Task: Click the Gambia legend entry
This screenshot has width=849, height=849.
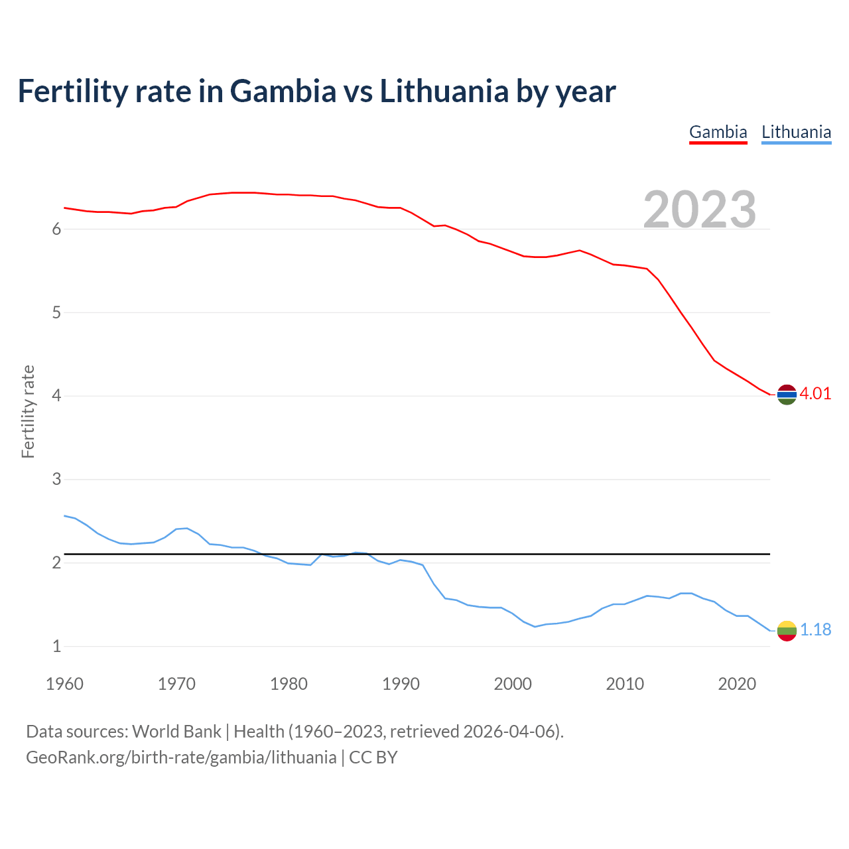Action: (x=718, y=132)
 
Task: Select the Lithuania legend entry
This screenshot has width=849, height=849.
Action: (x=796, y=132)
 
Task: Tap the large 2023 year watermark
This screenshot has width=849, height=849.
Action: (x=700, y=210)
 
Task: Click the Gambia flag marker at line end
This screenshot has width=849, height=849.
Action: (x=787, y=394)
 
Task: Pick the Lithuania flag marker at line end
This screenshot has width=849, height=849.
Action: (x=787, y=630)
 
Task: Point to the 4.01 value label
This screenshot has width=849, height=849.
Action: (x=815, y=393)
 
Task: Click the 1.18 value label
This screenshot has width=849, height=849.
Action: (x=815, y=629)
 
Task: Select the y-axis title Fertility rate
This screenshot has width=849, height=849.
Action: (x=28, y=411)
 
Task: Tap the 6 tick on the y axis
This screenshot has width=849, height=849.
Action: (x=56, y=229)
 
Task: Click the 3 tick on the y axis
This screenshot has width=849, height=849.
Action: (x=56, y=479)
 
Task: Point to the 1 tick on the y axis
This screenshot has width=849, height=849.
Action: (x=56, y=646)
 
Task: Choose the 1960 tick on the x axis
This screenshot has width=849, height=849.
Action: (x=64, y=684)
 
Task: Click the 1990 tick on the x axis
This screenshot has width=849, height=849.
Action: (x=401, y=684)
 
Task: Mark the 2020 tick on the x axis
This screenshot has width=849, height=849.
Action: (x=737, y=684)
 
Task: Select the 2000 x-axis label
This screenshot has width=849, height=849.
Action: (x=513, y=684)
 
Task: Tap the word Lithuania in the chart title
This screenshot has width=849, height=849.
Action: (x=444, y=91)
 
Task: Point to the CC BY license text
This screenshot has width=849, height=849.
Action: (x=373, y=757)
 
